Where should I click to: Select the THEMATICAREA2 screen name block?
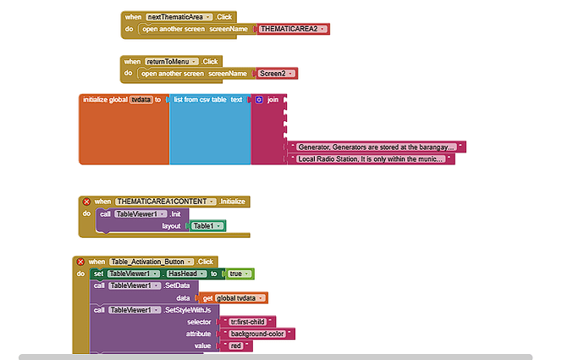[x=292, y=29]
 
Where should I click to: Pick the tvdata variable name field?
[x=140, y=100]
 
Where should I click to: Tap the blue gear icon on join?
[x=259, y=100]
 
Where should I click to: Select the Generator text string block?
[x=377, y=147]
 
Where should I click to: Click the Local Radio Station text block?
[x=371, y=158]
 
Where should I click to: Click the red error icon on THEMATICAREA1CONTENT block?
[x=85, y=202]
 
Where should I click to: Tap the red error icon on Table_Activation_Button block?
[x=81, y=262]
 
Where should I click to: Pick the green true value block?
[x=241, y=274]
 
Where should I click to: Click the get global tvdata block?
[x=234, y=297]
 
